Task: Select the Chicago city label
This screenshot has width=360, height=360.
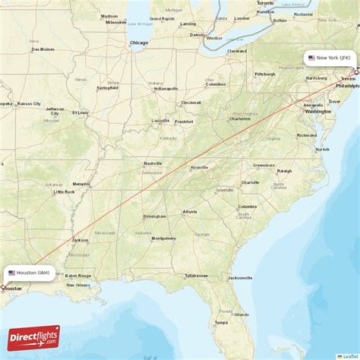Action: click(x=139, y=43)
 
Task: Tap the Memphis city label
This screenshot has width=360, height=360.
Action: click(x=81, y=184)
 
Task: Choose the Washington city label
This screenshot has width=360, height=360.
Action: click(x=317, y=111)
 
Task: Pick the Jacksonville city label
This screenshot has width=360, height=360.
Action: click(x=240, y=277)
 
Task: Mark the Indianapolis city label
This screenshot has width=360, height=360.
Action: click(x=166, y=88)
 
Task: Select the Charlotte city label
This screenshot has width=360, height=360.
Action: click(x=250, y=182)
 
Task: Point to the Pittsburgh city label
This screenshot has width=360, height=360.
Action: click(x=264, y=74)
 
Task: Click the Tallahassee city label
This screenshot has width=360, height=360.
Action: click(x=196, y=275)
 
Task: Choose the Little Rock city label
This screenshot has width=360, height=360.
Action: click(x=64, y=191)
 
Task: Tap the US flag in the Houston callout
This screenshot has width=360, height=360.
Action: click(x=11, y=273)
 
